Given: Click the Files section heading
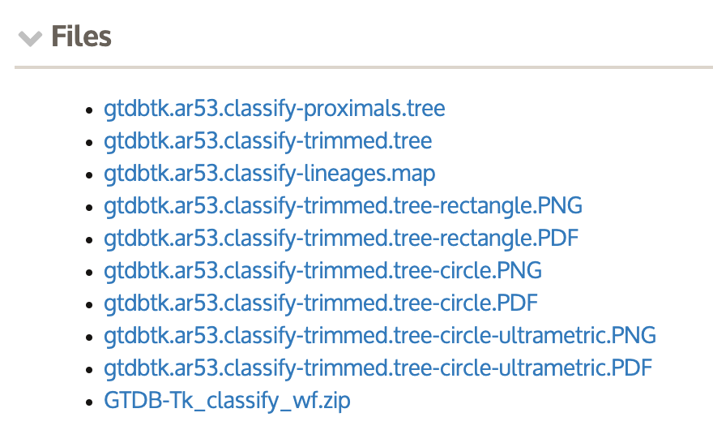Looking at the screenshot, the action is click(81, 37).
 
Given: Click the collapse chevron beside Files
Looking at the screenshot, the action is click(31, 38).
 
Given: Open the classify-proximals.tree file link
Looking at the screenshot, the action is click(274, 109).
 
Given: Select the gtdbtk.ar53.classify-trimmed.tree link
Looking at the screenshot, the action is click(267, 141).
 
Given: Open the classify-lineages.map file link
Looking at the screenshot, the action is click(269, 174).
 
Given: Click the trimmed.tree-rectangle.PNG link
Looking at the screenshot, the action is click(343, 206).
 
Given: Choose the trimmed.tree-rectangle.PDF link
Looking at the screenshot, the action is click(341, 239).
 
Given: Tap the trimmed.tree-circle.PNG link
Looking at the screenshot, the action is click(322, 271).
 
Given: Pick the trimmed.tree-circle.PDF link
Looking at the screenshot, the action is click(321, 303).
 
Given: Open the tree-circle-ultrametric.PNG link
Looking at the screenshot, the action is click(380, 336).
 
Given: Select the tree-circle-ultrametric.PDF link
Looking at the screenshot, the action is click(378, 368).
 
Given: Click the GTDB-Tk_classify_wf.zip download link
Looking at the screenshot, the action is click(227, 401).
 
